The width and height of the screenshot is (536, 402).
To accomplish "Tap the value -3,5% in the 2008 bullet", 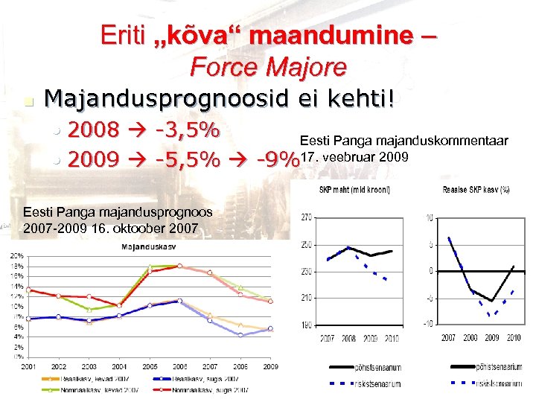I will click(x=186, y=130).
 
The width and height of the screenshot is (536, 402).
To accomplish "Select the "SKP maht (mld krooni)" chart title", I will click(x=354, y=191).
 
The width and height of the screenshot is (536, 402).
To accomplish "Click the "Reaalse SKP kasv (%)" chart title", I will click(x=475, y=191).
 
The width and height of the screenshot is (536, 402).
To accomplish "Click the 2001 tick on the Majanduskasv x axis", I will click(x=28, y=366).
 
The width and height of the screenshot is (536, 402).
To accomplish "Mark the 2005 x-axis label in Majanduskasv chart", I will click(x=150, y=366).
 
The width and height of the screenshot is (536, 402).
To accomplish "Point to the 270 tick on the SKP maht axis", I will click(x=307, y=218).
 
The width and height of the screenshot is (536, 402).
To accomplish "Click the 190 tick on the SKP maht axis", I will click(x=307, y=325).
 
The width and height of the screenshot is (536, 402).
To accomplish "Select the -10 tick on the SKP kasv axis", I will click(x=430, y=324).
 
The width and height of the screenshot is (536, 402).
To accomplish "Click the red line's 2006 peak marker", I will click(x=179, y=266).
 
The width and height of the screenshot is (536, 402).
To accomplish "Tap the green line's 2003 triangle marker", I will click(x=89, y=310).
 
